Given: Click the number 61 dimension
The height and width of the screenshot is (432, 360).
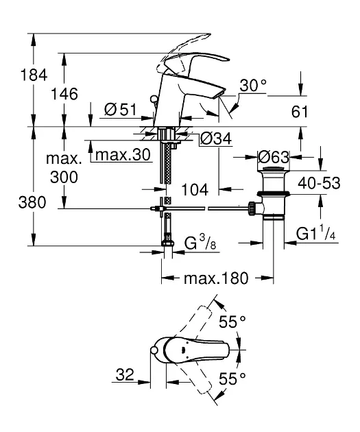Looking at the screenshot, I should [300, 111].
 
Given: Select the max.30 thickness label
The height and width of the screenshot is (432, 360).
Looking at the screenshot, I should [122, 155].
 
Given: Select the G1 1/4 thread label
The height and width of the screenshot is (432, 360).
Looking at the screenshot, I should [315, 235].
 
